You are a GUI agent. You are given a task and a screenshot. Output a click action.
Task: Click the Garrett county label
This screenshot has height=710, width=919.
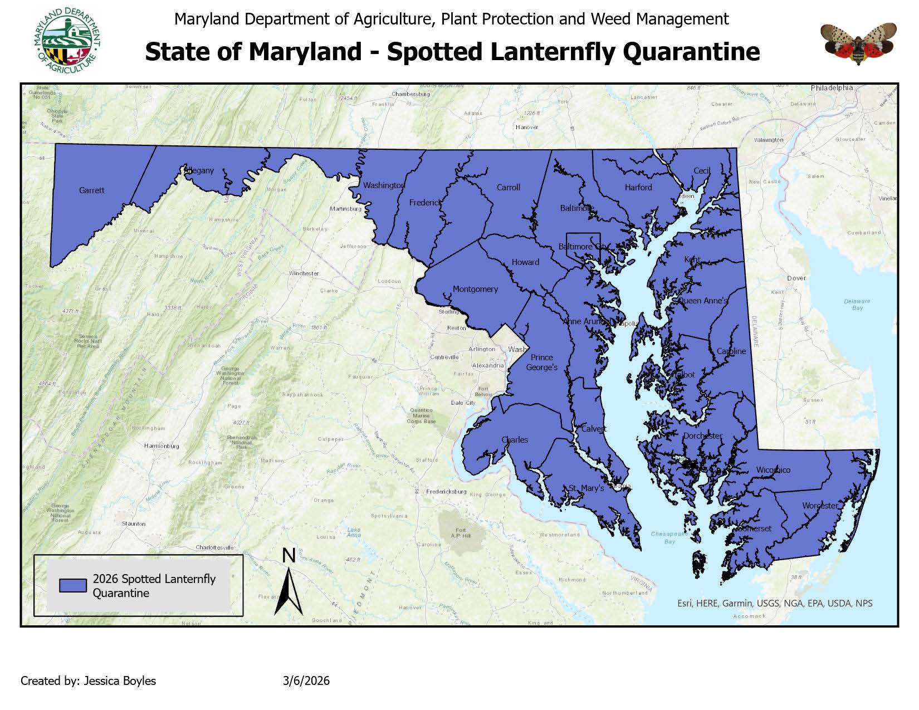point(91,190)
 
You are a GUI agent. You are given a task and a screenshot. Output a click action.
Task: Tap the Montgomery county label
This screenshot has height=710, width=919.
point(475,289)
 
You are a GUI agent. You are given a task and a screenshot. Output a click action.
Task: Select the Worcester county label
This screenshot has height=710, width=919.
point(820,506)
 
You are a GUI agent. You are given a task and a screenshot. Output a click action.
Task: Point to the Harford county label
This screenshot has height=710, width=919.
point(638,187)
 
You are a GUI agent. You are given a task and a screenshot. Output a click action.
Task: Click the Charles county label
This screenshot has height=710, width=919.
point(515,440)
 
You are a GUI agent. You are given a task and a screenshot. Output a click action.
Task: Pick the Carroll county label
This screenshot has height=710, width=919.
point(508,187)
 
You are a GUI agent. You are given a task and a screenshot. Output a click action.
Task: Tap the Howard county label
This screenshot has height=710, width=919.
point(525,262)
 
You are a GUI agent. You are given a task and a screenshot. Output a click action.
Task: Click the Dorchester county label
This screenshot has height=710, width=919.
point(703,436)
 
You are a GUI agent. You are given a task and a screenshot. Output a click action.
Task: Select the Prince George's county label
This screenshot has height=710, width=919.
point(542,363)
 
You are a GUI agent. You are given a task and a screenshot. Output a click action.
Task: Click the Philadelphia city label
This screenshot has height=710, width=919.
point(832,88)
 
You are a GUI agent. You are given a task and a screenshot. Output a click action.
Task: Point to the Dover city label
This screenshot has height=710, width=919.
point(796,278)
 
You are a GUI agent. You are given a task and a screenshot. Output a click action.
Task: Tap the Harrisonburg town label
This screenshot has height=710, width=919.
point(162,446)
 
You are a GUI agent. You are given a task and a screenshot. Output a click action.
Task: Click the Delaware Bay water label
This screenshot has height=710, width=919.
point(857,304)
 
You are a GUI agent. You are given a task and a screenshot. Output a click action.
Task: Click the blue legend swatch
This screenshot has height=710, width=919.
point(73,585)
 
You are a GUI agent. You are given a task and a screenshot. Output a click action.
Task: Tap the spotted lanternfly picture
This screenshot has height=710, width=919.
point(858,43)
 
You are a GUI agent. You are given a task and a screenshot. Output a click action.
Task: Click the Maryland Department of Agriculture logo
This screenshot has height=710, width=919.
point(67,41)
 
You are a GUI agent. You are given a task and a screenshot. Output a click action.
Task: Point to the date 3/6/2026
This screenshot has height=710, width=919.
point(306,680)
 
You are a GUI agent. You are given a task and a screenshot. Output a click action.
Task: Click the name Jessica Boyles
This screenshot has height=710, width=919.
point(120,680)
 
